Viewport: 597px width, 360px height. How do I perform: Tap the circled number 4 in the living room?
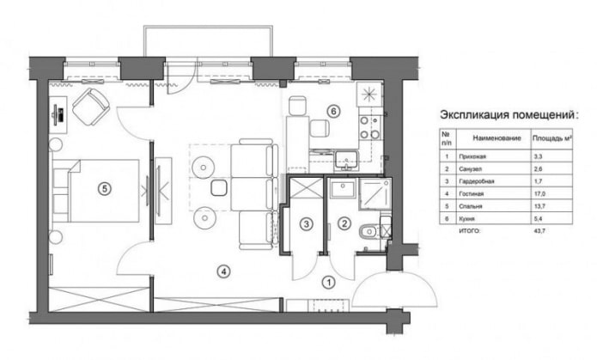click(222, 272)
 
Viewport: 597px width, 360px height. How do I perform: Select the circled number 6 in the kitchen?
click(333, 110)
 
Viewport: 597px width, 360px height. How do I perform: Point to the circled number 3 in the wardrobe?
click(305, 224)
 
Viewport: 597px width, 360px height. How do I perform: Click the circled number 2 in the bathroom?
click(344, 224)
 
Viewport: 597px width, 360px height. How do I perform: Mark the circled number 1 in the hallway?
click(328, 280)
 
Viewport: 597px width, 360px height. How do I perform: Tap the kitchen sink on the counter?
click(348, 158)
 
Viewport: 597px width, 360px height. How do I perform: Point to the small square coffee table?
click(218, 187)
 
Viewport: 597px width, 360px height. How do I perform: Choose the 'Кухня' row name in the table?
click(470, 220)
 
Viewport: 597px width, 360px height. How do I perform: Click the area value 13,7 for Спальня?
click(539, 208)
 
